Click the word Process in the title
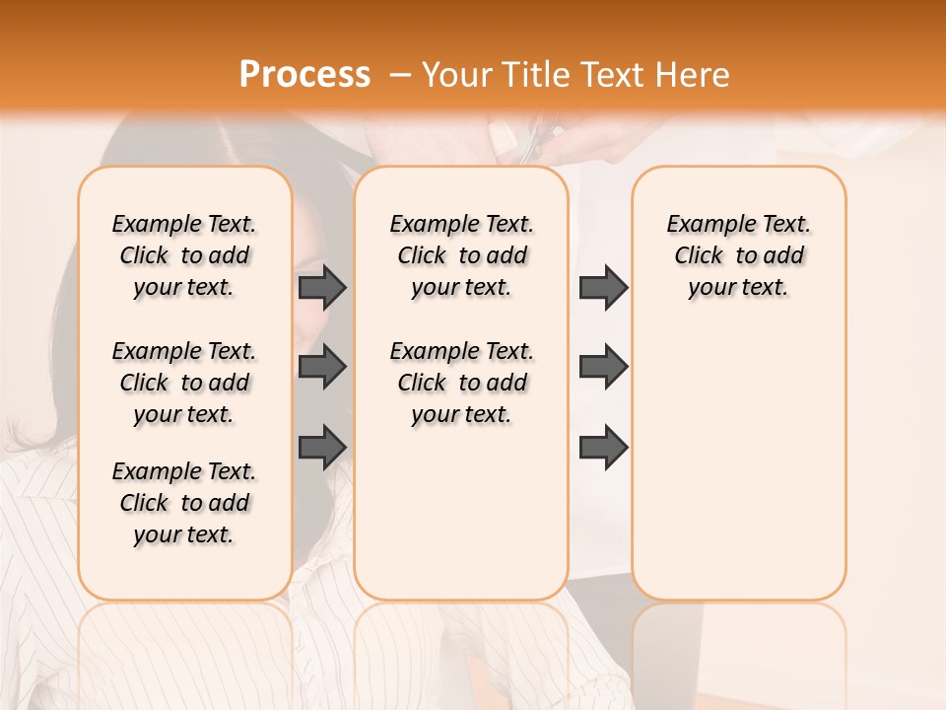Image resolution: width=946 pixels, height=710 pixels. coord(304,75)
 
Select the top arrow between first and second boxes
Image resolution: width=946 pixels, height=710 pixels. coord(322,287)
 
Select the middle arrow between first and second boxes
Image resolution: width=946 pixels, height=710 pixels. coord(322,367)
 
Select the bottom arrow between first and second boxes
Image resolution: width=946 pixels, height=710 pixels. coord(322,447)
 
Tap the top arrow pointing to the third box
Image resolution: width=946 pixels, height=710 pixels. coord(603,287)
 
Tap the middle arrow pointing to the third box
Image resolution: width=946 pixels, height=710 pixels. coord(603,367)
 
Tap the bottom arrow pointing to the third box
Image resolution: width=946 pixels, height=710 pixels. coord(603,447)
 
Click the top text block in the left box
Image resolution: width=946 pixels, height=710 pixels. coord(184,255)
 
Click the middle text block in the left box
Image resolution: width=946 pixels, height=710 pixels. coord(184,383)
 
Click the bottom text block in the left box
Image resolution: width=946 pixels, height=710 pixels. coord(184,503)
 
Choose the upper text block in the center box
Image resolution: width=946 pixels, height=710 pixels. coord(461,255)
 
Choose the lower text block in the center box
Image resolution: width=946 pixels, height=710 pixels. coord(461,383)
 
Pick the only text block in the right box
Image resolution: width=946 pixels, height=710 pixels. coord(738,255)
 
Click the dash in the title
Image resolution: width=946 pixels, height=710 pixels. coord(400,75)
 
